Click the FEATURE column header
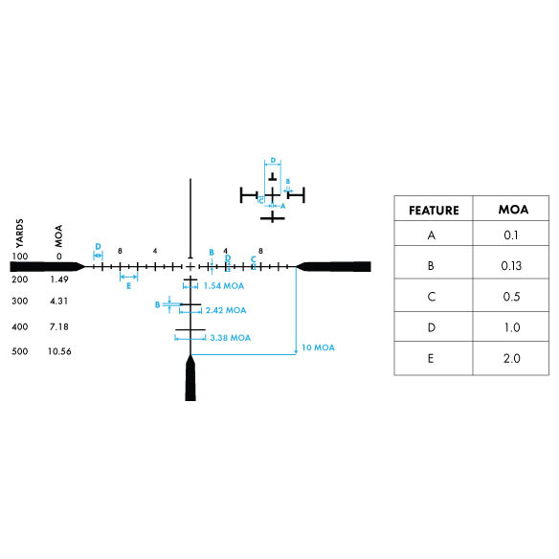434,211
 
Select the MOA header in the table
513,210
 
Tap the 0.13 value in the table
511,265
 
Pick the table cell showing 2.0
511,358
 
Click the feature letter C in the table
432,297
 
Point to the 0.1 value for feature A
511,235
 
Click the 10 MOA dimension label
318,347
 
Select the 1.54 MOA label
224,286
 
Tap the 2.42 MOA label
226,310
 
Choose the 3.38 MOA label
230,338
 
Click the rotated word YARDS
19,234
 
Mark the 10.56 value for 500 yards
59,351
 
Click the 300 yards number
19,302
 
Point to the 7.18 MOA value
58,327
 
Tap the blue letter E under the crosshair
128,286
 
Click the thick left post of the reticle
47,266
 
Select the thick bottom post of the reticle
190,378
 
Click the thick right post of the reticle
334,266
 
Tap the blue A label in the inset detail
283,206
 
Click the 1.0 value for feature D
512,327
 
